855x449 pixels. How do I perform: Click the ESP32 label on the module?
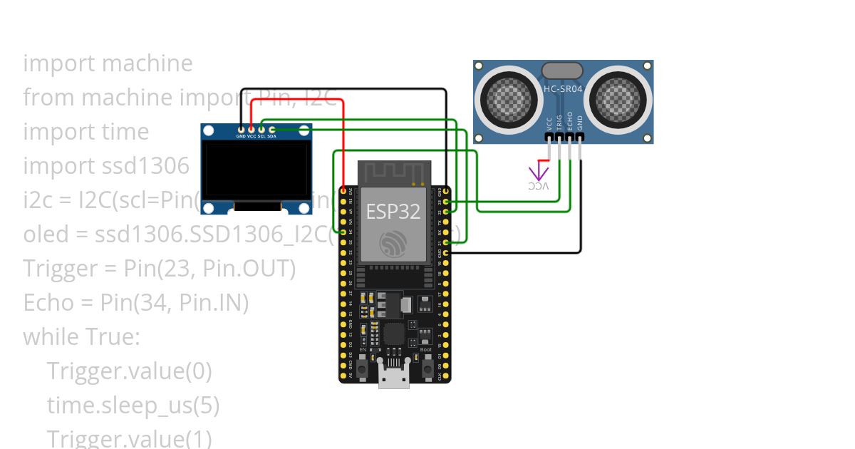[x=393, y=212]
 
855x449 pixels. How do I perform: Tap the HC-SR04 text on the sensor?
[x=562, y=89]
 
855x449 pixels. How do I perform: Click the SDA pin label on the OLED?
[x=271, y=135]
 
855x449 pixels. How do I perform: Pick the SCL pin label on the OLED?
[x=261, y=135]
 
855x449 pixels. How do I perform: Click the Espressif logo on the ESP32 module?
[x=393, y=244]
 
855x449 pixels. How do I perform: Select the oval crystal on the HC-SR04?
[x=562, y=70]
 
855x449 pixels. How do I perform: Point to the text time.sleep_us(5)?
[x=133, y=406]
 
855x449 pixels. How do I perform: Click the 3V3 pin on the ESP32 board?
[x=343, y=192]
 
